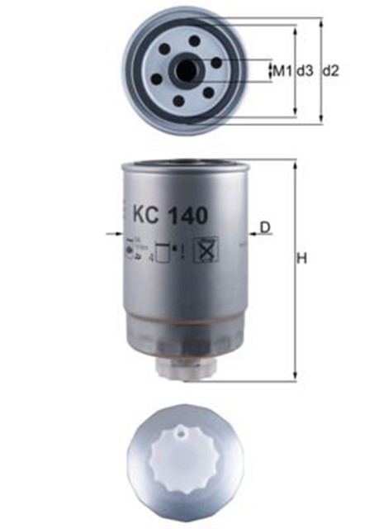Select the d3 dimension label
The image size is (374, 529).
[305, 71]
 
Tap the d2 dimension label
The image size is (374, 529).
[330, 71]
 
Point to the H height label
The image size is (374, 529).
[302, 259]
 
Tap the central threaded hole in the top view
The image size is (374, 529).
[186, 71]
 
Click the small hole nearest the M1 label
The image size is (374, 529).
[215, 62]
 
